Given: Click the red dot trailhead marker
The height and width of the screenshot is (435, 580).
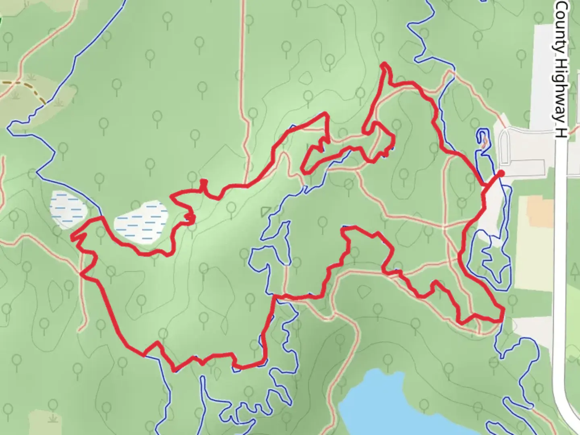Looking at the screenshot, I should tap(501, 174).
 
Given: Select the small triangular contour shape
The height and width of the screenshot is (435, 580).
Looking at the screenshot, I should tap(265, 211).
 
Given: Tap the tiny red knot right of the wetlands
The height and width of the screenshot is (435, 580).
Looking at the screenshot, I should tap(190, 218).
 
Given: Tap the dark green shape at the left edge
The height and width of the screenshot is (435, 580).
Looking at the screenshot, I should tap(1, 20).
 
